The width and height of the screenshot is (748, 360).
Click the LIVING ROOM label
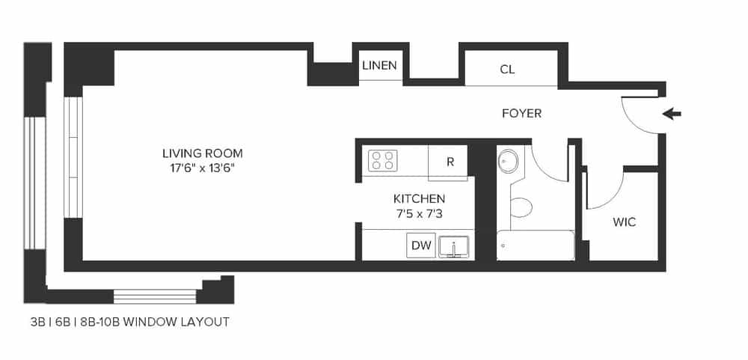point(202,153)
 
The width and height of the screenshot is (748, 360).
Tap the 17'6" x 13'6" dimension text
point(202,168)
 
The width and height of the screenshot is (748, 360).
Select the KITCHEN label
point(419,199)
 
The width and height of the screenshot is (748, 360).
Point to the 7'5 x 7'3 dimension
point(419,214)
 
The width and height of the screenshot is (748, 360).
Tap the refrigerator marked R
point(450,161)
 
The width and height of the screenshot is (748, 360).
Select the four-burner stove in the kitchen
point(383,160)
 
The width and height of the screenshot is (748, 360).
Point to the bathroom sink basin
point(509,160)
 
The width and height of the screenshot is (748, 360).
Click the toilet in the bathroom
point(520,205)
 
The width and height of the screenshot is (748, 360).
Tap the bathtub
point(535,245)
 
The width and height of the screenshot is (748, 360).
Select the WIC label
point(624,222)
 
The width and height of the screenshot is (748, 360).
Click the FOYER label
point(521,114)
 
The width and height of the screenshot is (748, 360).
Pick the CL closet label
point(507,70)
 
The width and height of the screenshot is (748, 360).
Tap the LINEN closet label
point(379,66)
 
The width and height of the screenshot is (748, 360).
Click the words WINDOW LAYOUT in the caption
point(176,323)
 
